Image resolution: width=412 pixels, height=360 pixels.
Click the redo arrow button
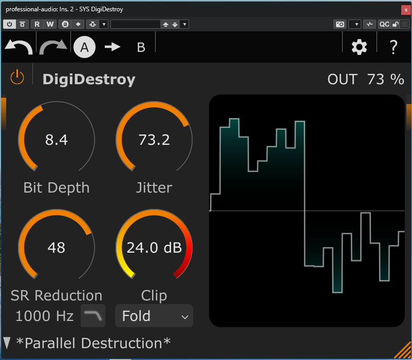(x=53, y=47)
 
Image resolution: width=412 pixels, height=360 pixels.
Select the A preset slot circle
(x=85, y=47)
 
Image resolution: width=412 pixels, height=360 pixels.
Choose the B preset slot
(x=141, y=47)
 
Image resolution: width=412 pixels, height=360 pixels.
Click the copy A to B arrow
(x=113, y=47)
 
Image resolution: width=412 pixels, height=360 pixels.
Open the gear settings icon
(x=359, y=47)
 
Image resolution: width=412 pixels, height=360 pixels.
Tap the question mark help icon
(x=394, y=47)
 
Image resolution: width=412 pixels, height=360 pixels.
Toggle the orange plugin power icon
(x=17, y=78)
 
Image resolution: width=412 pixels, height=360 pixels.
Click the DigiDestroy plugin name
(x=89, y=80)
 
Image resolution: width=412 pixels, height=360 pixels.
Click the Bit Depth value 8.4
(x=57, y=140)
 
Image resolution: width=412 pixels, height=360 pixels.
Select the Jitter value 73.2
(x=154, y=140)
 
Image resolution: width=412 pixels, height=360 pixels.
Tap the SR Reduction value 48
(x=57, y=248)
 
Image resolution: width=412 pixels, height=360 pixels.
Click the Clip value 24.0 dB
(x=154, y=248)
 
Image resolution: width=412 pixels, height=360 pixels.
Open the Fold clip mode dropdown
(x=154, y=316)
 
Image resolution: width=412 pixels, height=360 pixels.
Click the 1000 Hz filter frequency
(x=44, y=316)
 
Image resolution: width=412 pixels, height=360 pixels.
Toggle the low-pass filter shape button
(x=93, y=316)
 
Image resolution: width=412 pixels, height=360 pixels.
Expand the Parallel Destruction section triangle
(x=7, y=343)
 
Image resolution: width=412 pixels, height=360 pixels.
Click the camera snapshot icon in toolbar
(x=340, y=24)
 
